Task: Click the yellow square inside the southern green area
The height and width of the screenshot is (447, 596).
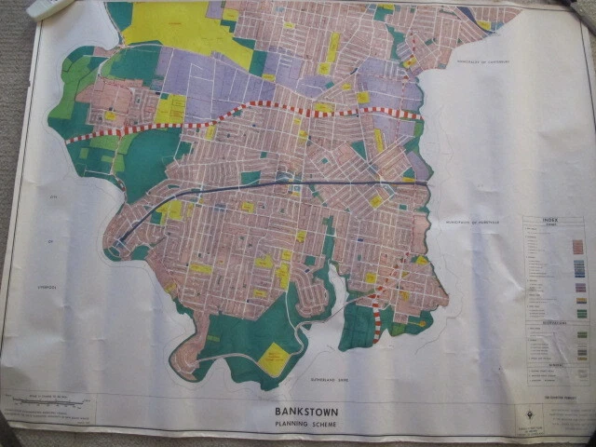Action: click(x=274, y=358)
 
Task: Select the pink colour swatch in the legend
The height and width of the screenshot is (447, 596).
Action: click(x=577, y=246)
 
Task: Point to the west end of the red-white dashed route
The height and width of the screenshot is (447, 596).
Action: click(x=71, y=140)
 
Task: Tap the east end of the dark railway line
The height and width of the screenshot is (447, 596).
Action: click(x=427, y=183)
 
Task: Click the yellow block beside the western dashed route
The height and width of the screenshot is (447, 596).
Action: click(x=169, y=110)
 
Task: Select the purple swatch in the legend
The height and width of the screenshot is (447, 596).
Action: click(x=577, y=290)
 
